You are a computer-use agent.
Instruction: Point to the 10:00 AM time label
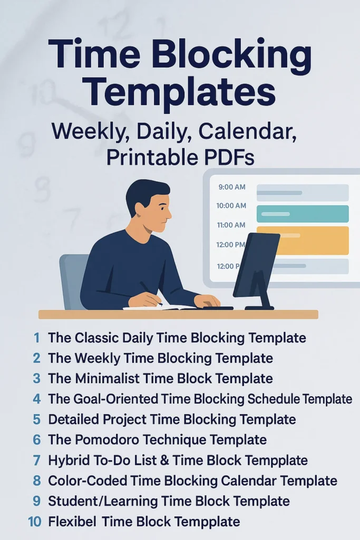(x=231, y=206)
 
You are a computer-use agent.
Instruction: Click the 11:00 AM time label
(x=231, y=225)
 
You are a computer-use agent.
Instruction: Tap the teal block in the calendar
(x=302, y=214)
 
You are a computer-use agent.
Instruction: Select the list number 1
(x=36, y=337)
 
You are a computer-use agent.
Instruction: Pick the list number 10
(x=34, y=522)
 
